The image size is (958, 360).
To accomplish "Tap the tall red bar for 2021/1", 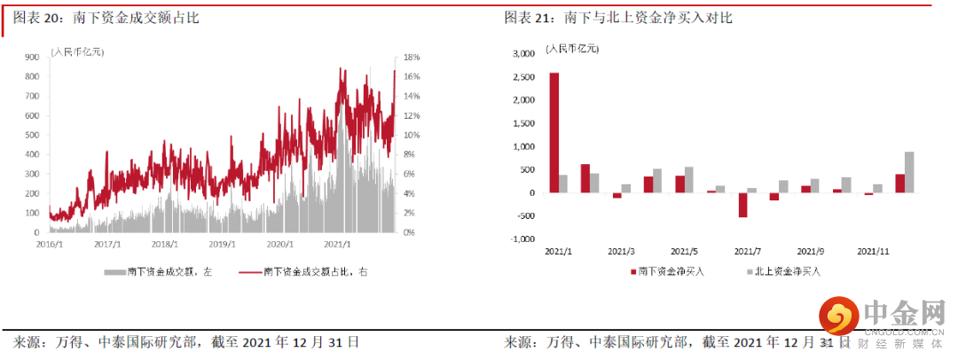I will (554, 132).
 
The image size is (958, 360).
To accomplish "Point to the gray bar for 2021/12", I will (909, 172).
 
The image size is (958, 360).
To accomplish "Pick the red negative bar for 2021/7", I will (742, 205).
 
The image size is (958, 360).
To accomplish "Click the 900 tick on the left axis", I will (31, 56).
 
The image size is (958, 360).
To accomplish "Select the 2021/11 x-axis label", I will (873, 251).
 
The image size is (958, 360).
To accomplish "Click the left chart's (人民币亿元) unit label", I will (77, 51).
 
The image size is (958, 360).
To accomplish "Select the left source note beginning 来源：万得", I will (186, 341).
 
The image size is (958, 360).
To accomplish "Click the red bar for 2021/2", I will (585, 178).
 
